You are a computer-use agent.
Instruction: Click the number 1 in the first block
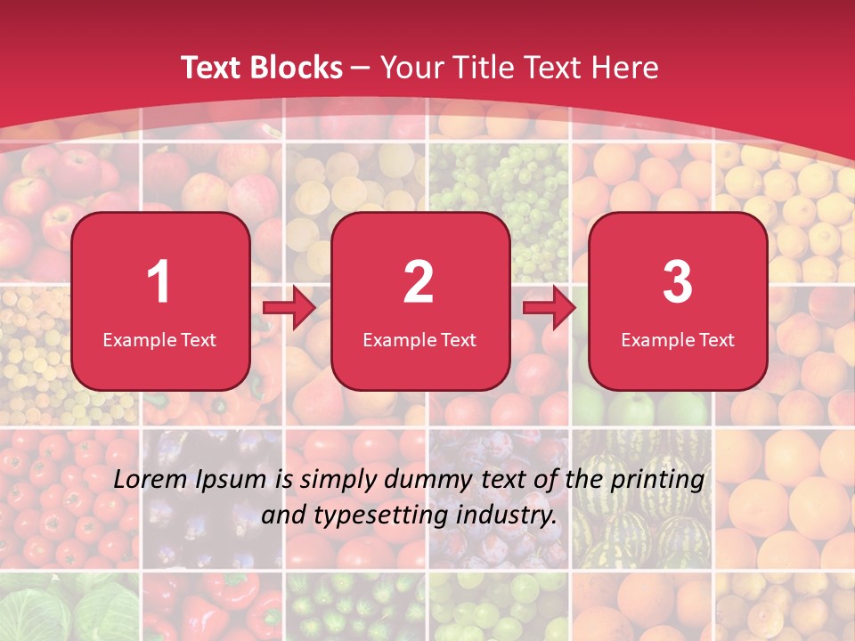click(159, 282)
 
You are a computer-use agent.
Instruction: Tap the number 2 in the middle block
click(419, 282)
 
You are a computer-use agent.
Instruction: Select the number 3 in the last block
click(678, 282)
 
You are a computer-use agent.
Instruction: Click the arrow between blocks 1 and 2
click(289, 308)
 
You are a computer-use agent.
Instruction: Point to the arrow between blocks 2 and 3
click(549, 308)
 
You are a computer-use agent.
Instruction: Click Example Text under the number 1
click(159, 340)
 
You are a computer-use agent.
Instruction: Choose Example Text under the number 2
click(419, 340)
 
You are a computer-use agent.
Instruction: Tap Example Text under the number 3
click(678, 340)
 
